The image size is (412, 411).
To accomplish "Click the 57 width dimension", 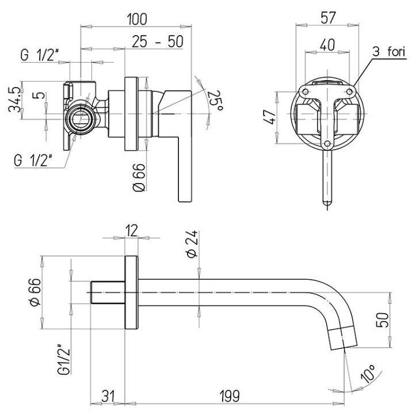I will pos(327,17).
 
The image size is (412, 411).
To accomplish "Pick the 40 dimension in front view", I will pos(327,44).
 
